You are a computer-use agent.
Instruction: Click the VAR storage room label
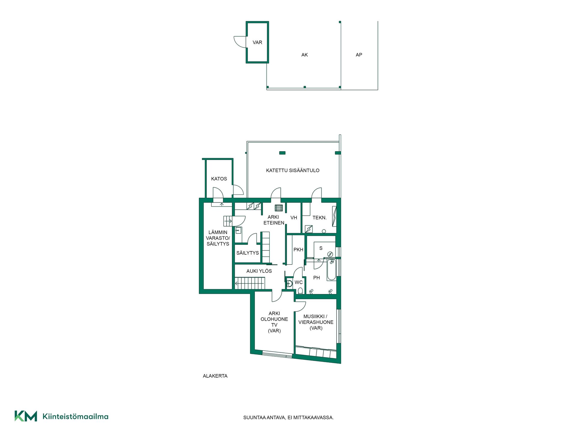(257, 42)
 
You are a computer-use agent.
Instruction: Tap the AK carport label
(304, 55)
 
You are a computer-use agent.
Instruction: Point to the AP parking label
(359, 55)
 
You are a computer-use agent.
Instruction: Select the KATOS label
(219, 178)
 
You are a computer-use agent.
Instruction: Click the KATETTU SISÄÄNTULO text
(293, 170)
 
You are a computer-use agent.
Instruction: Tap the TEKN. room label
(319, 217)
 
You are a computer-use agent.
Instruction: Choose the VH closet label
(294, 217)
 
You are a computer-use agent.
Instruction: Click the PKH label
(298, 249)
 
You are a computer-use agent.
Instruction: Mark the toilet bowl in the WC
(300, 290)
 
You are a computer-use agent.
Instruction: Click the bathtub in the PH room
(331, 270)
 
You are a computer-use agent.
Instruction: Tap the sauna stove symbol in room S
(330, 254)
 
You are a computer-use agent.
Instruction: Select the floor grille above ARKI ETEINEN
(279, 208)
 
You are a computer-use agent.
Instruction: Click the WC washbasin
(289, 283)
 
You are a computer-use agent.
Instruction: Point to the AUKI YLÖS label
(259, 271)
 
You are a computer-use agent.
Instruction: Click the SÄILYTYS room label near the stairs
(247, 253)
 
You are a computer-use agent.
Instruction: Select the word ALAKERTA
(215, 376)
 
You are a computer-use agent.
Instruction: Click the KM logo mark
(26, 416)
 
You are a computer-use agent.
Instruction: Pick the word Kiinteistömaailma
(75, 416)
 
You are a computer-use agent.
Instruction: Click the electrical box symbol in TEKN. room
(309, 229)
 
